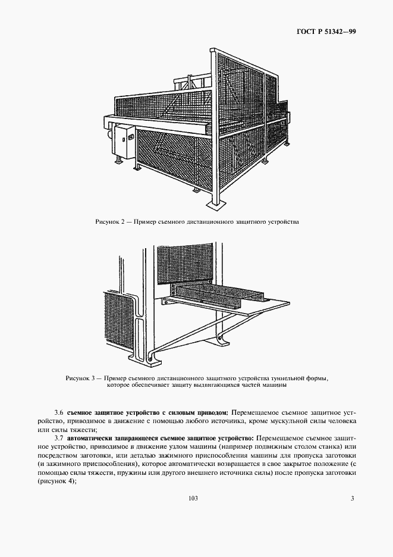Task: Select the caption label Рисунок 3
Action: click(x=81, y=378)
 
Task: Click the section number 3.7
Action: click(x=58, y=437)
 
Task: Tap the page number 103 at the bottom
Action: click(x=192, y=497)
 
